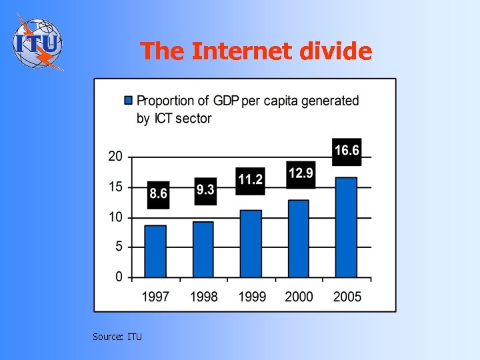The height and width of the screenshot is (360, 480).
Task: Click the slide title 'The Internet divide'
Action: tap(256, 51)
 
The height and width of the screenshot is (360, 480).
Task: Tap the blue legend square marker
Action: tap(129, 101)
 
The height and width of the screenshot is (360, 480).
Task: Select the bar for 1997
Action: tap(155, 251)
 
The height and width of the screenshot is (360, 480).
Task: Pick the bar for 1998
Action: tap(203, 249)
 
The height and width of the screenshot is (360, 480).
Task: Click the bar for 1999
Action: tap(251, 243)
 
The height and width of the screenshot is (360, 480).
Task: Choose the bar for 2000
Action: tap(298, 239)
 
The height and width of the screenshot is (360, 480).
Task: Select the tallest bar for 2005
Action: tap(345, 227)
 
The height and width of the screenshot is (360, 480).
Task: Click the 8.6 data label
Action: tap(158, 194)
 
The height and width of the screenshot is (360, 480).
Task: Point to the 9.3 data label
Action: tap(205, 190)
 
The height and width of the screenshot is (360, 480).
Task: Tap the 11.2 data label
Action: tap(251, 179)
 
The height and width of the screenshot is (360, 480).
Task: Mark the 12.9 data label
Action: tap(301, 174)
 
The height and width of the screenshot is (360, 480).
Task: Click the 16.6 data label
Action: tap(346, 151)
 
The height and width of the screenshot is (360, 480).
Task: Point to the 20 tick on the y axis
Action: tap(115, 157)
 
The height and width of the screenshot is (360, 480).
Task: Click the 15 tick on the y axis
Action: tap(115, 187)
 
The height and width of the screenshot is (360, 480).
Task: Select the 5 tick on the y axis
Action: tap(118, 247)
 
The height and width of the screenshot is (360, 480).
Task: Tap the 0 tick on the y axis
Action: tap(118, 277)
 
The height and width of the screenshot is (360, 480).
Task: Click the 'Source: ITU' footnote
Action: tap(117, 337)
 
